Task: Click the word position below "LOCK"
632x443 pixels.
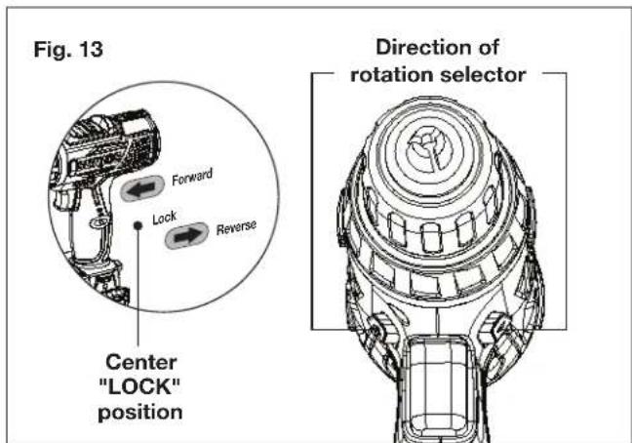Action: [x=142, y=412]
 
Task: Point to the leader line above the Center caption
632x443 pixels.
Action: [x=140, y=293]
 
